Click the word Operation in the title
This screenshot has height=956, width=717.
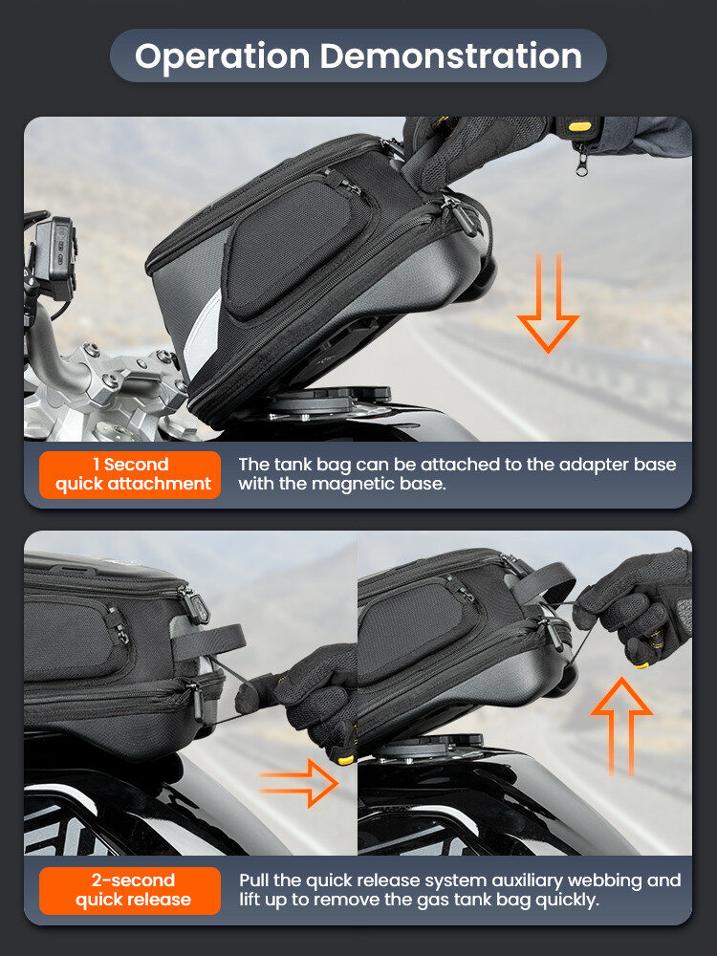tap(222, 56)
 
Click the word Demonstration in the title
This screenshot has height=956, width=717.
tap(450, 55)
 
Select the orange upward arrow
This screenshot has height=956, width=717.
tap(621, 726)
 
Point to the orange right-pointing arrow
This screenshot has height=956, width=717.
tap(298, 783)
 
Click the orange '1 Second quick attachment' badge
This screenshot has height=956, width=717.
tap(130, 474)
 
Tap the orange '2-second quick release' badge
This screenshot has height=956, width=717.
tap(130, 890)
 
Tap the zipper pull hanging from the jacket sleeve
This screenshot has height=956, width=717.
tap(581, 161)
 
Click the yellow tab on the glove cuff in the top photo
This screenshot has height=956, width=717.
tap(579, 126)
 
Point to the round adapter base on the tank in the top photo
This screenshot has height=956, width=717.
tap(329, 400)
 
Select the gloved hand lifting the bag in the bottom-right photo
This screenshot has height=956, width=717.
tap(637, 607)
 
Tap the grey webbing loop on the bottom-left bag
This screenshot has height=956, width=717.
tap(207, 641)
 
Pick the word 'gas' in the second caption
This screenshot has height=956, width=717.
tap(432, 901)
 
